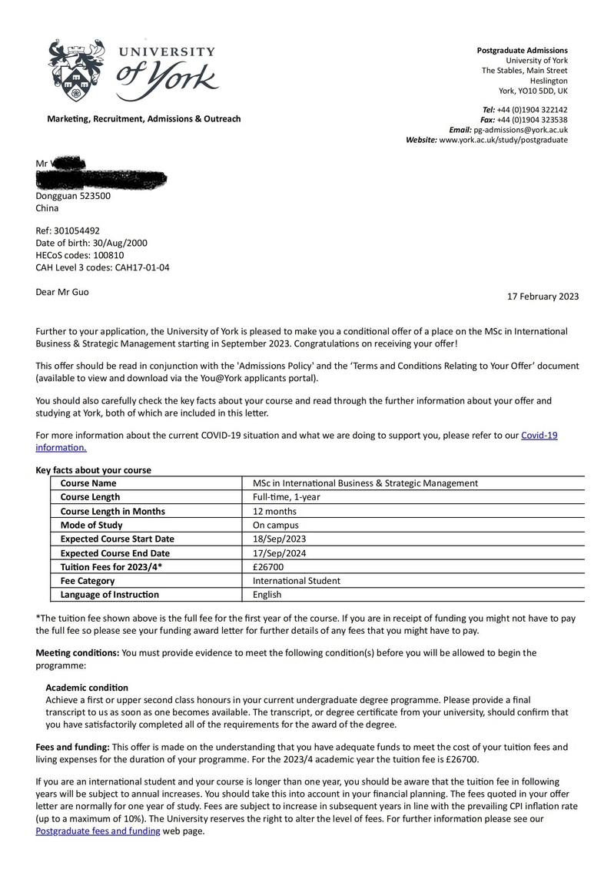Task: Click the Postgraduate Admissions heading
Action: [522, 51]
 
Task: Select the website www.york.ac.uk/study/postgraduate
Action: [503, 141]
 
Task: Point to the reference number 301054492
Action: [77, 231]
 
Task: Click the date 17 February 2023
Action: [543, 297]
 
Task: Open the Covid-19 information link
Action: [538, 436]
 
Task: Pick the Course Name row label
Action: [88, 483]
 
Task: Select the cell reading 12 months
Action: [274, 511]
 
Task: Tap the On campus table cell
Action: [275, 525]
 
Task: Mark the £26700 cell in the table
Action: [269, 567]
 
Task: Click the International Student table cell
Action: [296, 581]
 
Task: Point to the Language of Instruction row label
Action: [109, 595]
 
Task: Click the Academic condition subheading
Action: [87, 688]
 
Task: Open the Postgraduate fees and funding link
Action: [98, 831]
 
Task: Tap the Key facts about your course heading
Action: [93, 470]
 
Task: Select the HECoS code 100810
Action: [105, 255]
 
